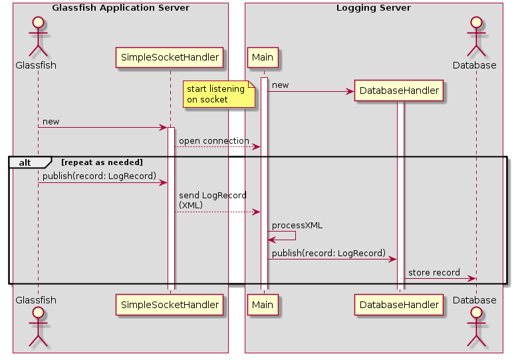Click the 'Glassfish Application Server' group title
tap(120, 8)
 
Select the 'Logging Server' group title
tap(373, 8)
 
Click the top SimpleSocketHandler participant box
tap(170, 58)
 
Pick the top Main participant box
tap(263, 58)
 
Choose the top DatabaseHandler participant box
tap(399, 90)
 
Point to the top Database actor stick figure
tap(475, 37)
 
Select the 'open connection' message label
tap(213, 141)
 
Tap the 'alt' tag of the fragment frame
tap(25, 162)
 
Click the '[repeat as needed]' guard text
tap(102, 162)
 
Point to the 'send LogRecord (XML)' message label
tap(212, 200)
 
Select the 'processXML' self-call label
tap(297, 226)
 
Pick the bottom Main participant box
tap(263, 305)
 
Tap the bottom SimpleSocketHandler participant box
tap(170, 305)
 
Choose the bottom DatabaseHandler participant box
tap(399, 305)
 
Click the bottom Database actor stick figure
tap(475, 328)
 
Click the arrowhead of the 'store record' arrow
tap(472, 279)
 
